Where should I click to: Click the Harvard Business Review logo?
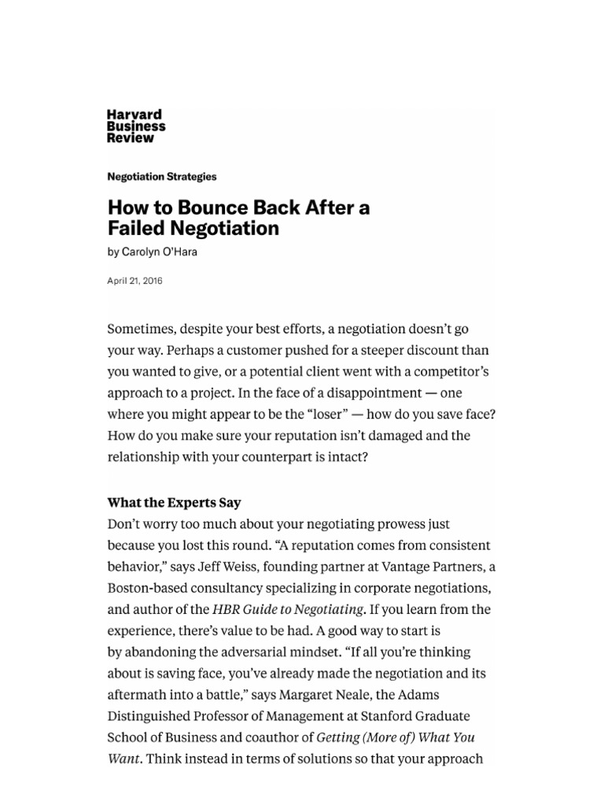(136, 127)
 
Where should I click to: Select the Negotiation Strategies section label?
(161, 177)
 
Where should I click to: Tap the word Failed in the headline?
(137, 229)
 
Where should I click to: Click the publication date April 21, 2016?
(134, 280)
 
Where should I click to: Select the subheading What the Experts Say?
(174, 502)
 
